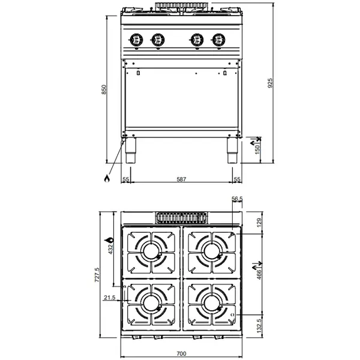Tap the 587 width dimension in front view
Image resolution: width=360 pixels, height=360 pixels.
pos(181,179)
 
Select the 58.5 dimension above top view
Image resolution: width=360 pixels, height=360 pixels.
pos(236,199)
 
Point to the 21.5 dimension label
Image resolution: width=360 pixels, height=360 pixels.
pos(109,297)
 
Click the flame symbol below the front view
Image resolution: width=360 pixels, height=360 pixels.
pos(107,178)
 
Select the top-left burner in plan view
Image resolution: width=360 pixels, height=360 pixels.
pos(150,251)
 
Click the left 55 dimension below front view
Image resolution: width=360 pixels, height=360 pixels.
pos(126,179)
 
